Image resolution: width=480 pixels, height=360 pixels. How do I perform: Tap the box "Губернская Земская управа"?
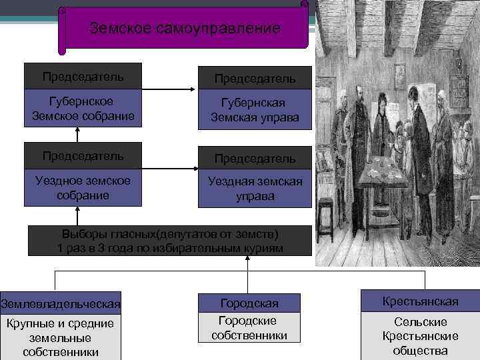coord(255,110)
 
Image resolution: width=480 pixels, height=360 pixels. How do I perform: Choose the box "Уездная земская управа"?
coord(255,189)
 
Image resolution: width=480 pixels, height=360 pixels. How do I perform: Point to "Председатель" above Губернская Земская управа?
coord(255,79)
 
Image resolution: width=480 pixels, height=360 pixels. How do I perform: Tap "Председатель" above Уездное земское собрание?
coord(83,155)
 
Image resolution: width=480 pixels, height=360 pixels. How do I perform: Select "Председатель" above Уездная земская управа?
coord(255,159)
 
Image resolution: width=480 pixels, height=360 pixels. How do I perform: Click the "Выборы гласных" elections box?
coord(170,241)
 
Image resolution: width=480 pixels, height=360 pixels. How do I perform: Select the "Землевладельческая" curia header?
coord(61,303)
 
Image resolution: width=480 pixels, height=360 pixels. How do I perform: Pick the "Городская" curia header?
coord(249,303)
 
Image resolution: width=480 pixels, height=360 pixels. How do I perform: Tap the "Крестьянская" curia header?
coord(420,301)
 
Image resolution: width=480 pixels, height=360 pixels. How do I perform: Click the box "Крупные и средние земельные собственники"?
coord(61,337)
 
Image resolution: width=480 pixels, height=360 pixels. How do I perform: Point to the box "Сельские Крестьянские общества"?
coord(420,336)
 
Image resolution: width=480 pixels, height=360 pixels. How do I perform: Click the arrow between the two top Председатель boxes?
coord(170,89)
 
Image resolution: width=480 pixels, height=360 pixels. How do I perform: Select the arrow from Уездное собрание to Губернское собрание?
coord(77,135)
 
